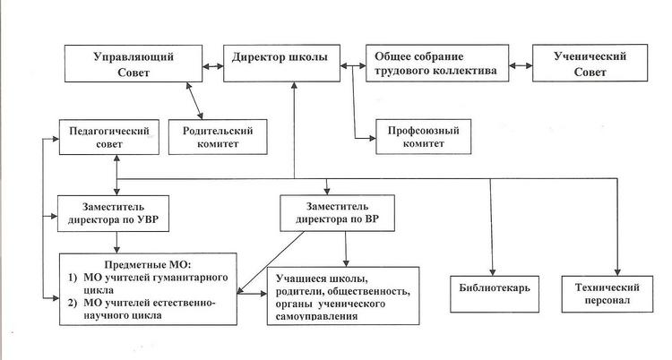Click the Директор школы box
pos(281,63)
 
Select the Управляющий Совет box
pos(134,64)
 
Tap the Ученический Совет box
pos(590,63)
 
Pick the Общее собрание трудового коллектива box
pos(437,63)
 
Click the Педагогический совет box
pos(108,137)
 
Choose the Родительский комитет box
pos(218,137)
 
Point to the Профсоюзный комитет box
pos(424,137)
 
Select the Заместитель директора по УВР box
pos(113,213)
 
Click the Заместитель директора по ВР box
pos(337,213)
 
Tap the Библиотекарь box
pos(495,294)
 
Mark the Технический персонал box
pos(607,294)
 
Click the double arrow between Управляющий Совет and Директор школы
pos(213,66)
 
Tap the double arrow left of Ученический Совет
pos(521,66)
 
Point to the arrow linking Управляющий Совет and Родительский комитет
pos(194,100)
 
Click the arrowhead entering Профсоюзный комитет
pos(372,138)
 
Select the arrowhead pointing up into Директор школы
pos(294,85)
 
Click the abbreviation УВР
pos(148,220)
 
